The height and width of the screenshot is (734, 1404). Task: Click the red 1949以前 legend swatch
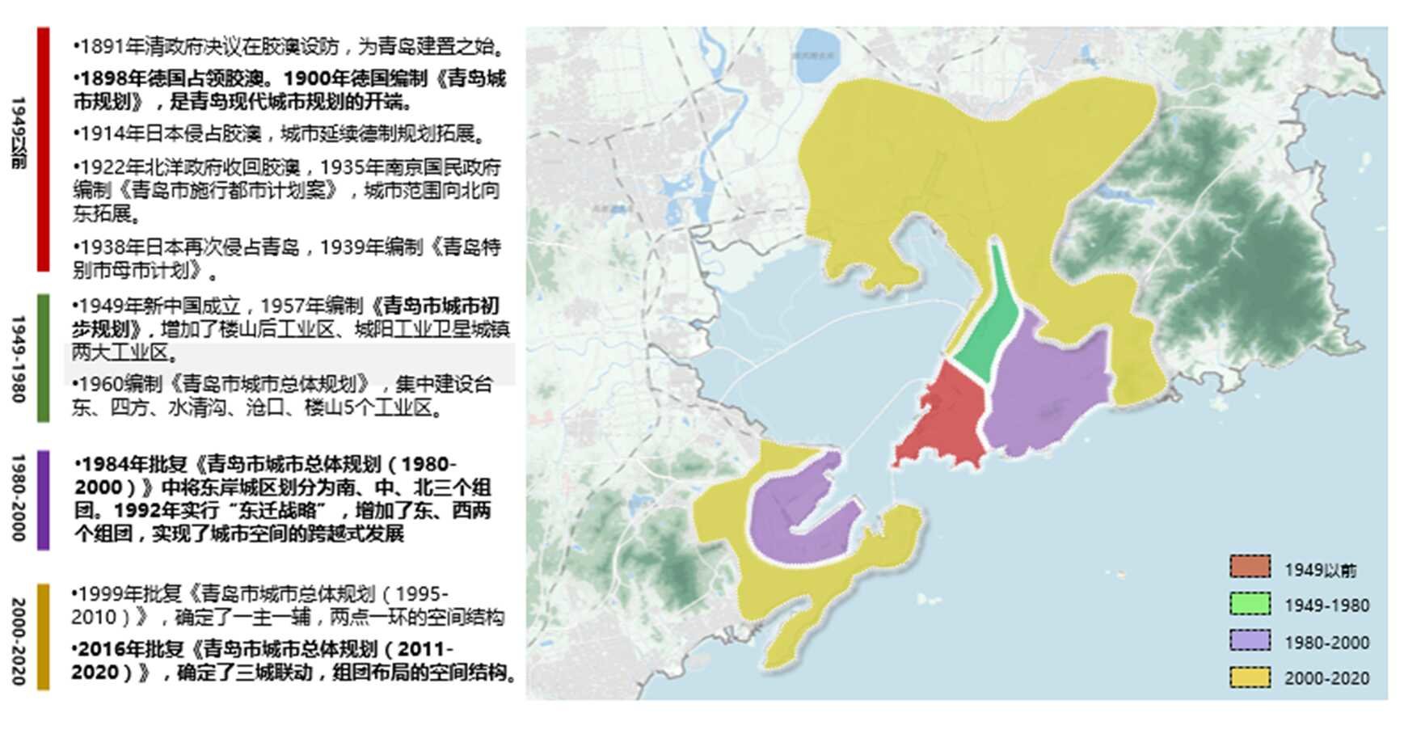tap(1250, 567)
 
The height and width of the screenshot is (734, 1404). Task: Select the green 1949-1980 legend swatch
tap(1250, 604)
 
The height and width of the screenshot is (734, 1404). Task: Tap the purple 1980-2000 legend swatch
tap(1250, 640)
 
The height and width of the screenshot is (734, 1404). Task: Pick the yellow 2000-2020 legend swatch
tap(1250, 677)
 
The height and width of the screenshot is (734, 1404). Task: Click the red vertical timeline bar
tap(43, 150)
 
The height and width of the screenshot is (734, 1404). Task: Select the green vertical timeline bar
tap(43, 357)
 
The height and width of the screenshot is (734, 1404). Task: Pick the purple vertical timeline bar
tap(43, 500)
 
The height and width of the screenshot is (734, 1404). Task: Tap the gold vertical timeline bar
tap(43, 636)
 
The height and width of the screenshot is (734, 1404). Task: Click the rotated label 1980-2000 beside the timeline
tap(19, 498)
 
